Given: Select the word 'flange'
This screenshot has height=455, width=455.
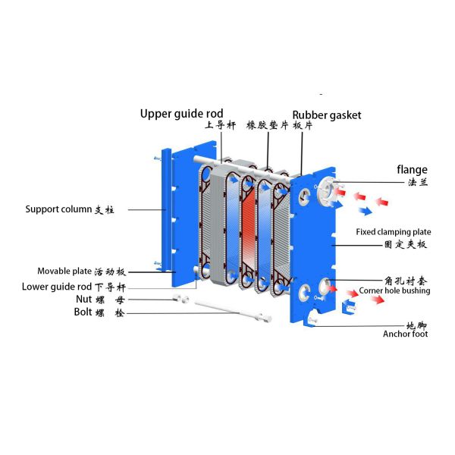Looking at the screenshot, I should (x=412, y=169).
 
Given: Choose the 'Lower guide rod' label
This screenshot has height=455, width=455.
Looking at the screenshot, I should (x=55, y=286).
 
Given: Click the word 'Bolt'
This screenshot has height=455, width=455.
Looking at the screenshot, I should (x=84, y=312).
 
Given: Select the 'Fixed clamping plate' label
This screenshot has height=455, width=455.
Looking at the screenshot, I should (x=394, y=232).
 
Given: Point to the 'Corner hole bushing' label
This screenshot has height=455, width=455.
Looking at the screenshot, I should (x=394, y=290).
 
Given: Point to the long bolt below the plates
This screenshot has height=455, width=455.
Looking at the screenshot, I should (x=228, y=311).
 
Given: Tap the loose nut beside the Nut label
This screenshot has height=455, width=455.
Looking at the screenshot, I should (x=183, y=300).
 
